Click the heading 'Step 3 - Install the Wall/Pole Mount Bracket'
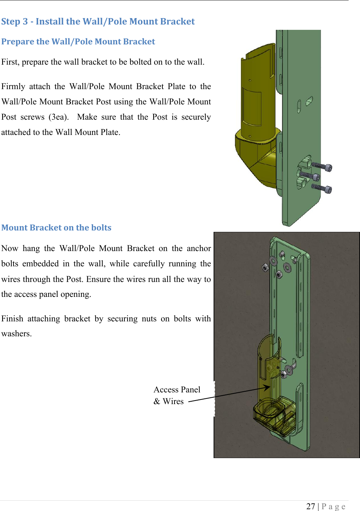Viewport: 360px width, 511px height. [x=98, y=22]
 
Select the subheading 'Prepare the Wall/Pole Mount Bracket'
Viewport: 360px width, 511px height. [x=78, y=42]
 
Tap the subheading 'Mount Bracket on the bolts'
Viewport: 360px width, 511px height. [x=56, y=228]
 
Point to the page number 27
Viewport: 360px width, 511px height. [x=311, y=506]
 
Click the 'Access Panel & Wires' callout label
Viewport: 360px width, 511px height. [x=177, y=395]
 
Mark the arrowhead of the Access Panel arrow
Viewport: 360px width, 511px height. [x=267, y=387]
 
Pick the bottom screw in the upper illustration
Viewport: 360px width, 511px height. [x=322, y=188]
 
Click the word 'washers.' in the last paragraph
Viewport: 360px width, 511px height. [x=16, y=334]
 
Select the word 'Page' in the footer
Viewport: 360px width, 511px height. [x=333, y=506]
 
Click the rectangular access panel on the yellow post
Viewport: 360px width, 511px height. [x=252, y=107]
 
